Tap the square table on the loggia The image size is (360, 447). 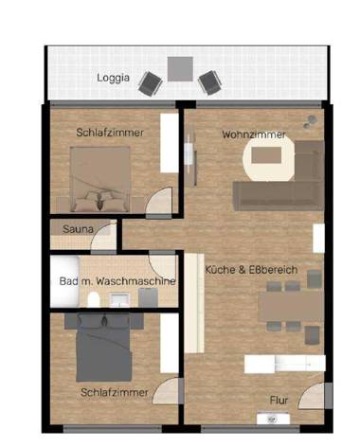tap(180, 68)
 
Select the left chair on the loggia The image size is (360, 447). tap(150, 83)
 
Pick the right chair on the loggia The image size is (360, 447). tap(208, 82)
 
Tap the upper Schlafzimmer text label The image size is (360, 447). tap(110, 134)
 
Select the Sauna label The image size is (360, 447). tap(78, 228)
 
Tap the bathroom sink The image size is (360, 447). tap(119, 300)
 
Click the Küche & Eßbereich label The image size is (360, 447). tap(252, 270)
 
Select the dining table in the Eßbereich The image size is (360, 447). tap(287, 306)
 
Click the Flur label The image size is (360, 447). tap(279, 400)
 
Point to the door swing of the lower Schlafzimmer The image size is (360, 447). tap(168, 392)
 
